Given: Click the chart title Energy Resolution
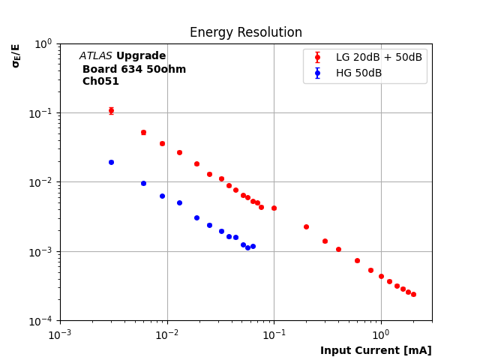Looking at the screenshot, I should pyautogui.click(x=246, y=33).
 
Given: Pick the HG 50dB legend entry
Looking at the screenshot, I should pyautogui.click(x=358, y=73).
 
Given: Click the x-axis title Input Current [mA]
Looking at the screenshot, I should pyautogui.click(x=376, y=351).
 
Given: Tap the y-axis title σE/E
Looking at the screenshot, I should pyautogui.click(x=16, y=55).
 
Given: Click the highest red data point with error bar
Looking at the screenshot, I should pyautogui.click(x=111, y=110).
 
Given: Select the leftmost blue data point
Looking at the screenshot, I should pyautogui.click(x=111, y=162).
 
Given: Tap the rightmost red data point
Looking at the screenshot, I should pyautogui.click(x=413, y=294).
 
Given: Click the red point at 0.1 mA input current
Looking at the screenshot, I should pyautogui.click(x=274, y=208).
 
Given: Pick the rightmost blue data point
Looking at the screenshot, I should pyautogui.click(x=253, y=246).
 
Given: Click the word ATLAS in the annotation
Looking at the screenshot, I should pyautogui.click(x=96, y=56).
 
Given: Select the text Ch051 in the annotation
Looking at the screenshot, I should pyautogui.click(x=100, y=82).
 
